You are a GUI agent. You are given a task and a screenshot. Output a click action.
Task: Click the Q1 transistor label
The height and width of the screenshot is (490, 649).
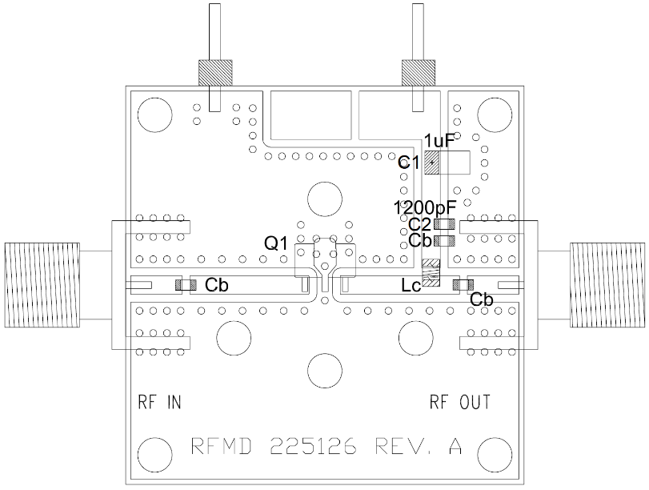[x=277, y=244]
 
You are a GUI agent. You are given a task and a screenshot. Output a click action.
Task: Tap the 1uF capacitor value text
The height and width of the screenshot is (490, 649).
[x=439, y=141]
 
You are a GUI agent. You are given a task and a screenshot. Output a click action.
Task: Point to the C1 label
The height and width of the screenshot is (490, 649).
[x=409, y=163]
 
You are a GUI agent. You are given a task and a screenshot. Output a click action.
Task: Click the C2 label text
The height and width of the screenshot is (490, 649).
[x=419, y=224]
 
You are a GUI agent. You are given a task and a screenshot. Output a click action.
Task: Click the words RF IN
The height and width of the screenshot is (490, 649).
[x=160, y=402]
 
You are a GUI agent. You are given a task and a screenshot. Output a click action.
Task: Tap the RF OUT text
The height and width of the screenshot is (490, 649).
[x=460, y=402]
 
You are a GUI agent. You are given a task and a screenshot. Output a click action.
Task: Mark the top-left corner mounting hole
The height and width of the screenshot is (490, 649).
[x=154, y=115]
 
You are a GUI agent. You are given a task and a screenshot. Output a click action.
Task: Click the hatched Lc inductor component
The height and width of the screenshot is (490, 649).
[x=431, y=274]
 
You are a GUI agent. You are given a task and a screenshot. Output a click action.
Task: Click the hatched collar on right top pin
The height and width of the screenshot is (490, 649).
[x=417, y=74]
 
